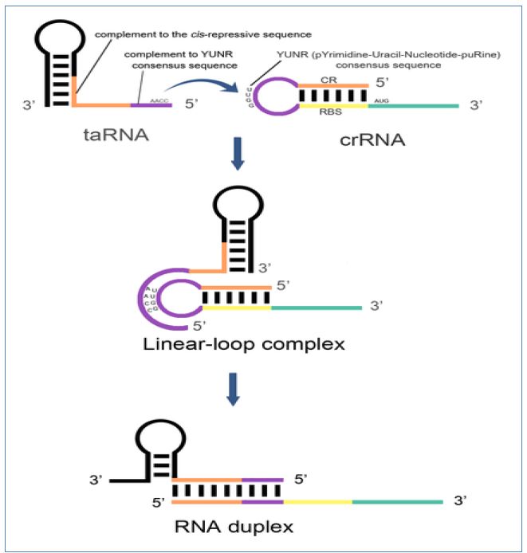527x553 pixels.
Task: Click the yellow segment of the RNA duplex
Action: pos(319,501)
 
